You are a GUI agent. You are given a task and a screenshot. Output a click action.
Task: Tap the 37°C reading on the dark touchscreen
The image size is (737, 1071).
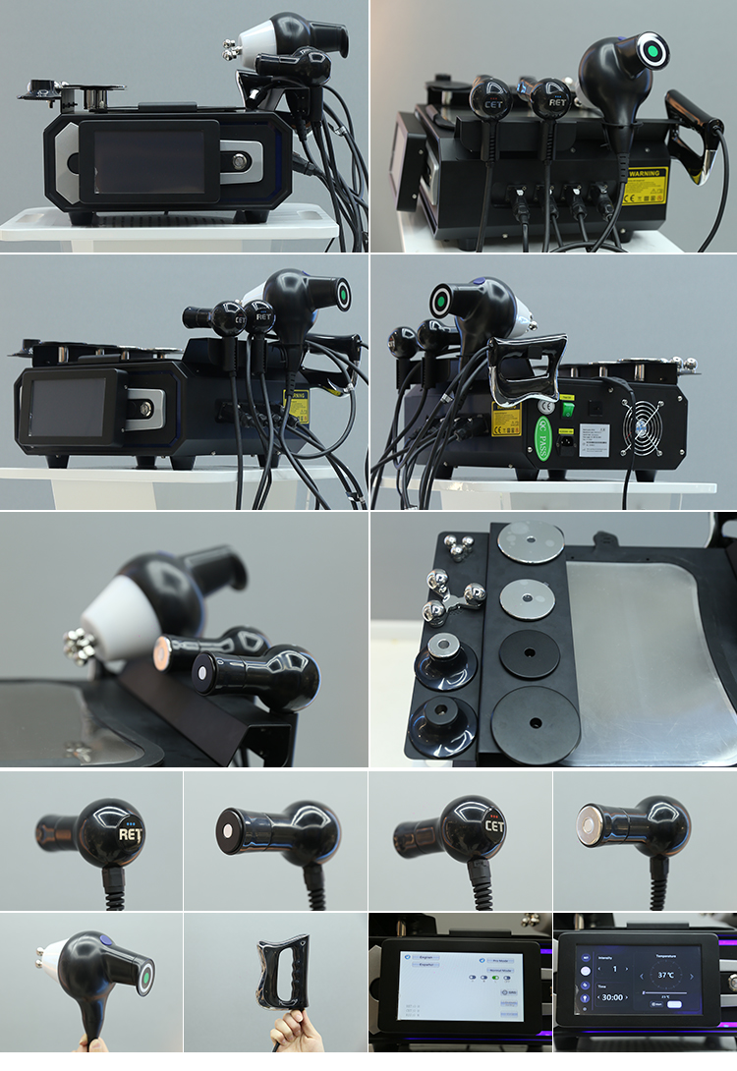point(666,975)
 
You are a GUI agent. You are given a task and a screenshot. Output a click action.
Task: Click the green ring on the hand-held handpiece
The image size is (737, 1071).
point(144,978)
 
